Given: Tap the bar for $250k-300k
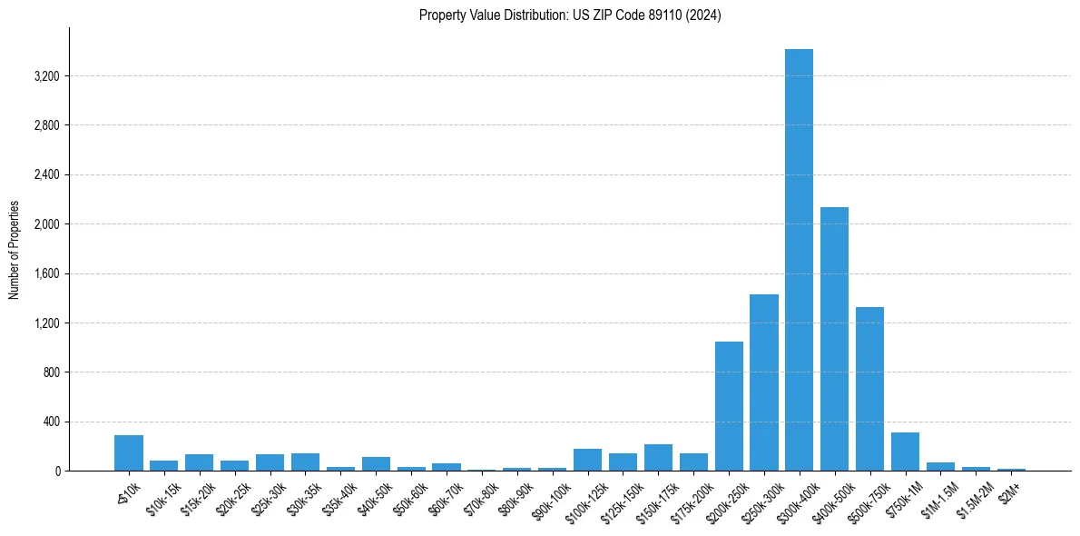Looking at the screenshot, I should point(763,382).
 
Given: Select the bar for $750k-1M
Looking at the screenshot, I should point(905,452).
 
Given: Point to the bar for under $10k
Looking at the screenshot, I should point(129,453).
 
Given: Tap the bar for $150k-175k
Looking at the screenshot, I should point(658,458).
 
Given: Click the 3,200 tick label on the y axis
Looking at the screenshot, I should point(46,76).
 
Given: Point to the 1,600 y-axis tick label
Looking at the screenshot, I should point(46,273).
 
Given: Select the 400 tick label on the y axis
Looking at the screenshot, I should point(51,422).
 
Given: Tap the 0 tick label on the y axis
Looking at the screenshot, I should point(57,471).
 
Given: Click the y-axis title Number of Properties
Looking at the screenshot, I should point(15,249).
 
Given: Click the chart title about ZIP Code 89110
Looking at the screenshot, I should point(570,15).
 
